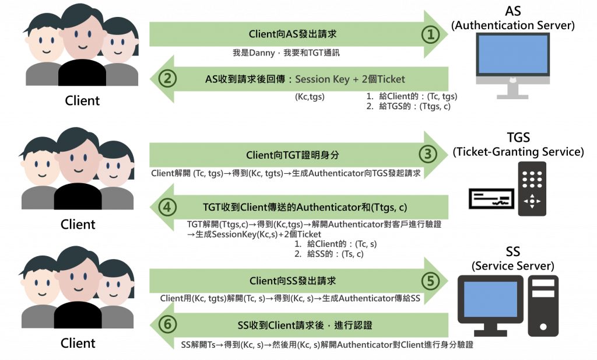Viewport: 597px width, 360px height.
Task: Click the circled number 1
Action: point(431,34)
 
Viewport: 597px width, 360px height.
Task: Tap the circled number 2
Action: point(167,79)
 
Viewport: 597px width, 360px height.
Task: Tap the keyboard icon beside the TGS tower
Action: point(491,198)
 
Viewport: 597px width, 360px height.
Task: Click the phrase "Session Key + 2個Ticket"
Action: point(350,79)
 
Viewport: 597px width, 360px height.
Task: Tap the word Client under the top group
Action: point(82,100)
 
